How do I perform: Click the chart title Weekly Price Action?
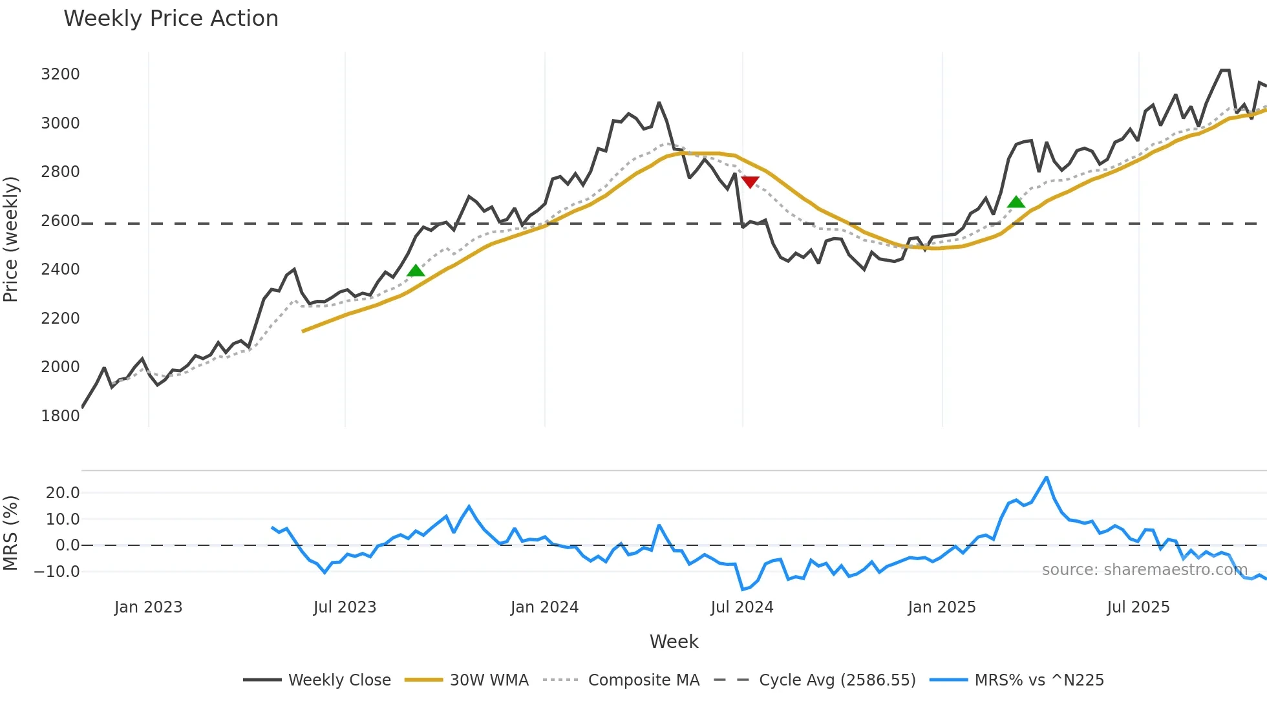pos(171,19)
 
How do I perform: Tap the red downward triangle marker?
pos(750,182)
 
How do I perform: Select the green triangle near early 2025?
pos(1016,202)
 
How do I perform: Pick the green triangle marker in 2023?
pos(416,270)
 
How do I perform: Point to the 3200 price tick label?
pos(60,74)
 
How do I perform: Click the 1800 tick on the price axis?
pos(60,415)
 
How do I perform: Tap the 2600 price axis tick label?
pos(60,221)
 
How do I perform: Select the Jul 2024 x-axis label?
pos(741,607)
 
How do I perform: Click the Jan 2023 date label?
pos(148,607)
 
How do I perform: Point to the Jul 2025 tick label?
pos(1138,607)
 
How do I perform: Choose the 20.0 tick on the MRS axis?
pos(63,493)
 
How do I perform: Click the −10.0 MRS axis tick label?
pos(57,572)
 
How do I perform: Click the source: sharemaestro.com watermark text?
pos(1144,570)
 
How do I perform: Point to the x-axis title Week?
pos(674,642)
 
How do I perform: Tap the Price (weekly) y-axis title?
pos(11,239)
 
